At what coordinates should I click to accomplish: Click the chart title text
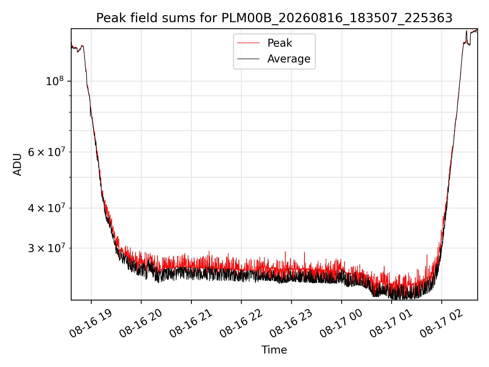(274, 18)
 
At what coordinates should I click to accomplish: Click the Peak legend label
(280, 43)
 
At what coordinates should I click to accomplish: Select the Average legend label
(289, 59)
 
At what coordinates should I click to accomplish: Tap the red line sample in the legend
(248, 43)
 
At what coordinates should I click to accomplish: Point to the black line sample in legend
(248, 59)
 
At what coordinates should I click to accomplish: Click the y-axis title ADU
(17, 164)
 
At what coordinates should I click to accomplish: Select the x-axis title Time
(274, 350)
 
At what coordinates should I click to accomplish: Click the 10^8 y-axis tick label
(55, 81)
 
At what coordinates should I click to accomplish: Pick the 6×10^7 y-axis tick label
(46, 152)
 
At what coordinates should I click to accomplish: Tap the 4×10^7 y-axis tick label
(46, 208)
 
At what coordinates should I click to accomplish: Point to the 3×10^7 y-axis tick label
(46, 248)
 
